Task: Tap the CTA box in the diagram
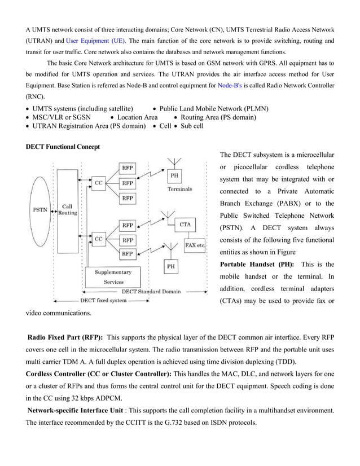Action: (186, 224)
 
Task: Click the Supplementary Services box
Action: (113, 276)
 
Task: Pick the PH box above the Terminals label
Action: (175, 176)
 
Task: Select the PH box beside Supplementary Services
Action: (169, 265)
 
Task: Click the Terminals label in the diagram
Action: (179, 190)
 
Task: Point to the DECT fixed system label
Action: (103, 300)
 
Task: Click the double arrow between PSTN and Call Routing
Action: (54, 212)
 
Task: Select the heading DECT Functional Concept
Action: (63, 147)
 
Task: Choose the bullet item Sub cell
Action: (192, 126)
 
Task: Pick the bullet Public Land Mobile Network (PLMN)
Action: (214, 108)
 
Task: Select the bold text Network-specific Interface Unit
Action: (74, 411)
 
